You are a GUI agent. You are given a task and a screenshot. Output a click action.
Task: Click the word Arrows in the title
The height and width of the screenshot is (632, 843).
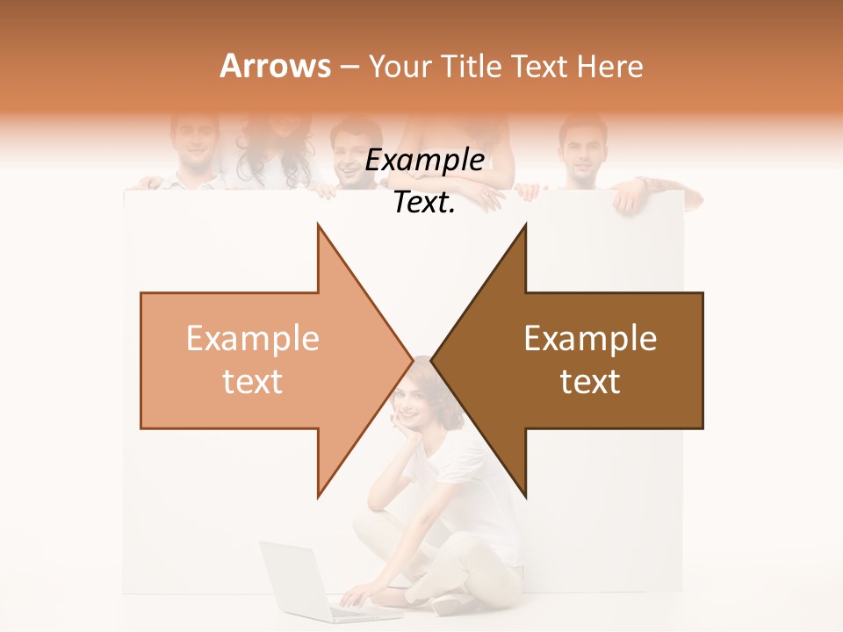[275, 66]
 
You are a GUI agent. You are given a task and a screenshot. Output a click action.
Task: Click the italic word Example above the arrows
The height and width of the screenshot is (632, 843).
[424, 161]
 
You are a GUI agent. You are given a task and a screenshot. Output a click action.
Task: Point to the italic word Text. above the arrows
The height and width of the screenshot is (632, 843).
[424, 203]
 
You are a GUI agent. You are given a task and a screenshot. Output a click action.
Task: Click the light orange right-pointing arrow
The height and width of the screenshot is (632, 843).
[263, 360]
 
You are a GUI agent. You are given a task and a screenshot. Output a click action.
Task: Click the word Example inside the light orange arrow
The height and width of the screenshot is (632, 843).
[253, 339]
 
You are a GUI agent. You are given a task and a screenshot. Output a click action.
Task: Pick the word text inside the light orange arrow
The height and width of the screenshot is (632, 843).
[253, 382]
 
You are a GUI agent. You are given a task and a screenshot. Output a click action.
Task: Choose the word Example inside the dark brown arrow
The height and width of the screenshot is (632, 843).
[590, 339]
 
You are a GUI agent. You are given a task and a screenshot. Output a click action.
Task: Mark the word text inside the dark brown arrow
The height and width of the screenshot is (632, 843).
[590, 382]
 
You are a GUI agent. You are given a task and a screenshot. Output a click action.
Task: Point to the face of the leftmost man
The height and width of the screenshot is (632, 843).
[194, 145]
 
